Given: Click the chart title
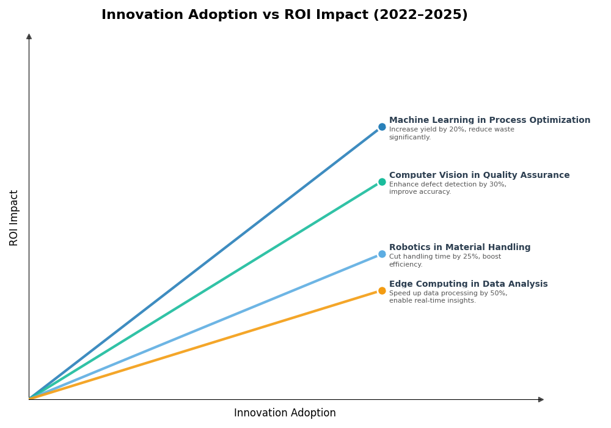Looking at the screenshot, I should tap(284, 15).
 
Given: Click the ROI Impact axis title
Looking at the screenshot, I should tap(14, 218).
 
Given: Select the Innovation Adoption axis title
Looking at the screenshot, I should tap(285, 413).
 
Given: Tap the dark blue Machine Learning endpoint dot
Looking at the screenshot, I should tap(382, 127).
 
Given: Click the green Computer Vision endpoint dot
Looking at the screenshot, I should tap(382, 182).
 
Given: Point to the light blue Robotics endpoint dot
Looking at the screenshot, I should tap(382, 254).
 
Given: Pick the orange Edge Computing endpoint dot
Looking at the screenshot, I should tap(382, 291).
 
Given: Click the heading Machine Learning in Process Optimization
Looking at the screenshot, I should tap(489, 120).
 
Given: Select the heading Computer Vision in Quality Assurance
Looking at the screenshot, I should tap(479, 175).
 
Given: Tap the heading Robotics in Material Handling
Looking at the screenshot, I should tap(459, 248).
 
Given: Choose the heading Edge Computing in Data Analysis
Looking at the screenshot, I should tap(468, 284).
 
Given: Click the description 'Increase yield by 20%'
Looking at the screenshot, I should tap(452, 133).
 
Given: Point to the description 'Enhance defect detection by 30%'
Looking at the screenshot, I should tap(448, 188).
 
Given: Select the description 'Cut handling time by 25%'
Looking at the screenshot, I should tap(445, 260).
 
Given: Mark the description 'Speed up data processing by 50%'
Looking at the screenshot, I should tap(448, 297).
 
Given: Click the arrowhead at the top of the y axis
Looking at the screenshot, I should tap(29, 37).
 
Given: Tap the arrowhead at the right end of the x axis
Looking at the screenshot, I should tap(541, 400).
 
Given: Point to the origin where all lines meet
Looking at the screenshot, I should tap(29, 399).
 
